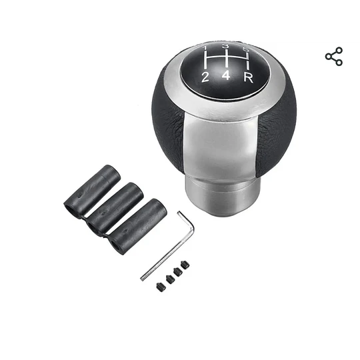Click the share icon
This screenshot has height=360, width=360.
pyautogui.click(x=334, y=57)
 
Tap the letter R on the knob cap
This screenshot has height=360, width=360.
pyautogui.click(x=249, y=77)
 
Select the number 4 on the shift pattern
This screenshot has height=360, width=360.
pyautogui.click(x=226, y=75)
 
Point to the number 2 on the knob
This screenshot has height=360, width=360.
pyautogui.click(x=205, y=77)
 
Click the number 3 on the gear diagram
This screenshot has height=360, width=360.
pyautogui.click(x=226, y=47)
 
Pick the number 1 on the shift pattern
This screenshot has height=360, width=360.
pyautogui.click(x=205, y=48)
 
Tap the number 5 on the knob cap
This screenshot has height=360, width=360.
pyautogui.click(x=246, y=49)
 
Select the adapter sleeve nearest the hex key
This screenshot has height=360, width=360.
pyautogui.click(x=137, y=227)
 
